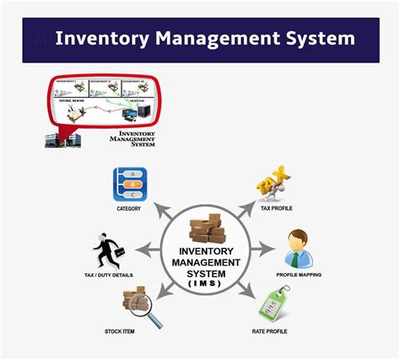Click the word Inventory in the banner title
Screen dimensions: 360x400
point(100,39)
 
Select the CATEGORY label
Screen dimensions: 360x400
point(129,208)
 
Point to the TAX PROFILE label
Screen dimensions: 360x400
point(277,208)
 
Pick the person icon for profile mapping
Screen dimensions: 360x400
point(298,248)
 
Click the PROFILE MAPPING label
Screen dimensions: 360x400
point(299,275)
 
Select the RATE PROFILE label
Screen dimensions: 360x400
point(270,331)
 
